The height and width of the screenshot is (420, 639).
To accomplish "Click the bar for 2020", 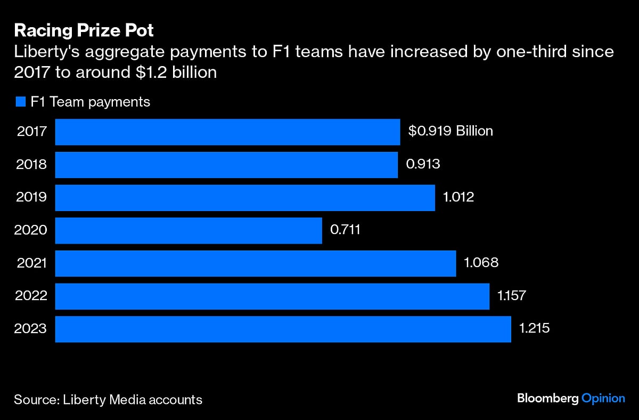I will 189,230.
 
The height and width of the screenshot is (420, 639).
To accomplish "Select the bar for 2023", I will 283,329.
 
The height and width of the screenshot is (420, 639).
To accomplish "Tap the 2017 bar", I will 227,132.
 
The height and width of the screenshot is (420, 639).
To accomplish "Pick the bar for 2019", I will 245,198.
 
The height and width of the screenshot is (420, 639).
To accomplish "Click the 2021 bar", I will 256,263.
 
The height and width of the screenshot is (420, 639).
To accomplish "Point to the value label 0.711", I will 345,230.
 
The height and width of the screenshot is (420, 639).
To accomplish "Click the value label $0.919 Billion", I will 450,131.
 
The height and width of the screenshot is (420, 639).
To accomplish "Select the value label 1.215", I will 534,329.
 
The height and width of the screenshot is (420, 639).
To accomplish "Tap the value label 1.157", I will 512,296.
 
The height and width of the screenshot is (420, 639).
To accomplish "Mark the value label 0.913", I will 423,164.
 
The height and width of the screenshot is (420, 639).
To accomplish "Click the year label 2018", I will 32,165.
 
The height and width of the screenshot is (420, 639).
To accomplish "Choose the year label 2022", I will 32,296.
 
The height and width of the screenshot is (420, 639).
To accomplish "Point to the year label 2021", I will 32,263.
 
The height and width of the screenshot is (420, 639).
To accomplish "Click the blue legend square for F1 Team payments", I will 21,102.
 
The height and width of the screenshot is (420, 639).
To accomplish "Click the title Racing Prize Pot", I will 84,30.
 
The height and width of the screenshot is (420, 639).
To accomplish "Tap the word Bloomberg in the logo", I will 547,398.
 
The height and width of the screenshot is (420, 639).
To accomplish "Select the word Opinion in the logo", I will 603,398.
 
